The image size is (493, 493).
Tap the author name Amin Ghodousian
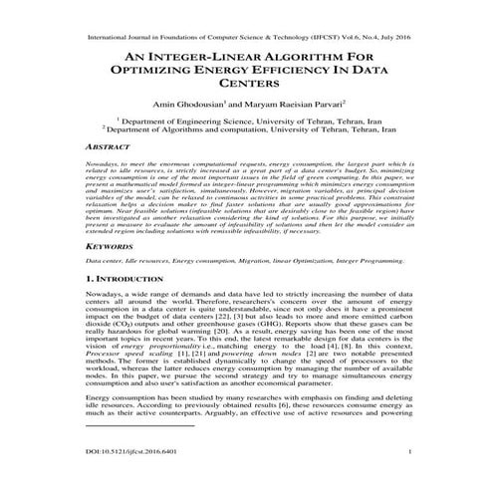pos(183,102)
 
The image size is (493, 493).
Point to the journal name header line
pos(246,18)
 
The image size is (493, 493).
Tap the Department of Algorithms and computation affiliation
pos(246,128)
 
